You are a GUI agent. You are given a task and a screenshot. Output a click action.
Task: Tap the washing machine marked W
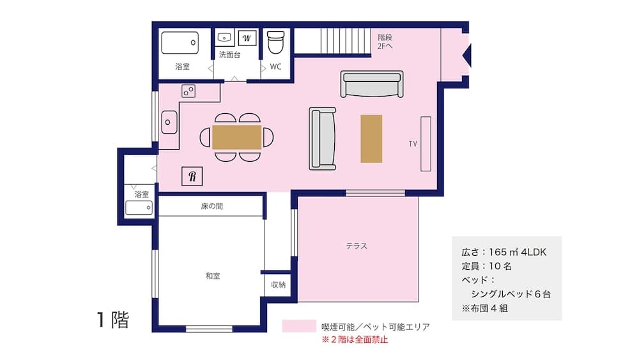(247, 36)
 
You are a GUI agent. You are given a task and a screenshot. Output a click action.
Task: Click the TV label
(413, 144)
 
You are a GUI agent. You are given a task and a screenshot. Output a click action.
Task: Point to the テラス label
(357, 246)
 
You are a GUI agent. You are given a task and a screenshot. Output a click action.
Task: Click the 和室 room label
(213, 276)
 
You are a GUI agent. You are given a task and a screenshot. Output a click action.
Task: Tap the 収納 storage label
(278, 285)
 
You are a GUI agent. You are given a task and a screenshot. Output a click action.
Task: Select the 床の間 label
(212, 207)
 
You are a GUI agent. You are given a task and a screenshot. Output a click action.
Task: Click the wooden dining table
(236, 137)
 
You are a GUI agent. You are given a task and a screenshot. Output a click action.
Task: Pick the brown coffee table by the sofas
(371, 138)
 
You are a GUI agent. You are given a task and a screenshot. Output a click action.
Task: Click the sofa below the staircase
(373, 84)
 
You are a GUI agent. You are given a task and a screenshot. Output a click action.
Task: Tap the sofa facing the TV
(323, 138)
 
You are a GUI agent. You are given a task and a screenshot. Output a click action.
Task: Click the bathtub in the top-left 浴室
(180, 43)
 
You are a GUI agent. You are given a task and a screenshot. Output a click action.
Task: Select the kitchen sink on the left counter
(169, 121)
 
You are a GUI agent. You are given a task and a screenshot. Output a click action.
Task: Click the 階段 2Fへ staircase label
(385, 42)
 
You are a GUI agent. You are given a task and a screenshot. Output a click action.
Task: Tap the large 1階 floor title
(113, 320)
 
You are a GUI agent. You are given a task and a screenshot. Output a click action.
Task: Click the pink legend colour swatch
(299, 327)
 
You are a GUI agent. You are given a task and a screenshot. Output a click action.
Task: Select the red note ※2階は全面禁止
(354, 340)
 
